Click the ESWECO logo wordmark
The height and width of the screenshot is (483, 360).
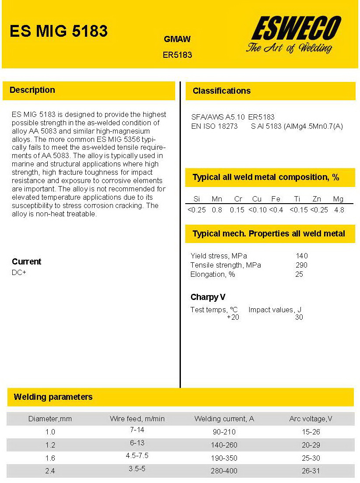pos(296,29)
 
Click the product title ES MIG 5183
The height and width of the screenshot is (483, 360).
pos(59,32)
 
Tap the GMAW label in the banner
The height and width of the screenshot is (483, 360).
pos(177,39)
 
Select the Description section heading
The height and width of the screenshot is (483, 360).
pos(32,90)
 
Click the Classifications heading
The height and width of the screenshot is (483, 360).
pos(222,91)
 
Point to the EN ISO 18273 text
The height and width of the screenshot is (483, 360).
pos(215,126)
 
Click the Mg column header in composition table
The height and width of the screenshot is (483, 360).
pos(338,199)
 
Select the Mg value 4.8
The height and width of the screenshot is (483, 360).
pos(339,210)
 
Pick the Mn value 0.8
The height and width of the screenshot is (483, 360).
pos(217,210)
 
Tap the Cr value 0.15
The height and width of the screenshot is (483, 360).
pos(237,210)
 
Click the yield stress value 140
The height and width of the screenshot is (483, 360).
pos(302,256)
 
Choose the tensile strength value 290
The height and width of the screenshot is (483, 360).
pos(301,265)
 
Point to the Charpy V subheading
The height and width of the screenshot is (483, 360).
pos(208,297)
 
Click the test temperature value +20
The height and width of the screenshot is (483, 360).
pos(233,317)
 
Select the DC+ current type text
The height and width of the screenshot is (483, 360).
pos(19,272)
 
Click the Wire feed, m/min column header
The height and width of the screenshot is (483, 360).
pos(137,419)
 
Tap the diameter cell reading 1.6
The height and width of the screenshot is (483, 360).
pos(50,458)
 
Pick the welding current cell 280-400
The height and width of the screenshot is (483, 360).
pos(224,471)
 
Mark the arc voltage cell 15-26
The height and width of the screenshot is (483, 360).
pos(311,432)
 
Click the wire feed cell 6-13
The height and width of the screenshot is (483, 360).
pos(137,443)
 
